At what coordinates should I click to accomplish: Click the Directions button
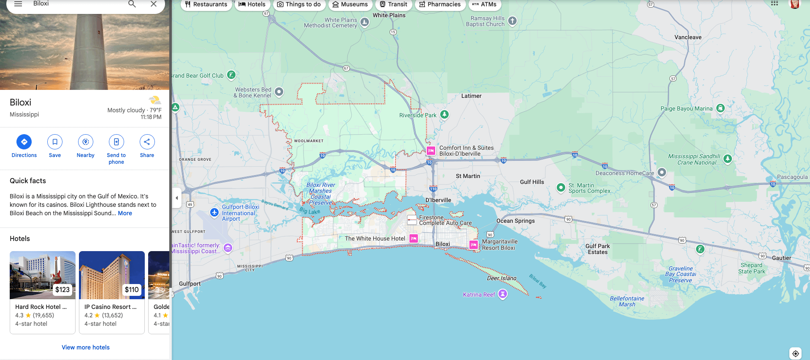[24, 142]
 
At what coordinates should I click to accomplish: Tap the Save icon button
[55, 142]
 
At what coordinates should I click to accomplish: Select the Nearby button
[86, 142]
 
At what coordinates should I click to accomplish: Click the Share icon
[147, 142]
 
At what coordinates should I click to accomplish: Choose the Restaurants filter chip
[206, 5]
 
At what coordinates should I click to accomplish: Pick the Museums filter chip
[350, 5]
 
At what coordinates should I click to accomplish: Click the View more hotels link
[86, 347]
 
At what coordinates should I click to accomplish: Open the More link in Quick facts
[125, 213]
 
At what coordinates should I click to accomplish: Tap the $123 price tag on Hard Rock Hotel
[62, 290]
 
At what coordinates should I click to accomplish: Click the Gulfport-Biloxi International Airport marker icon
[214, 213]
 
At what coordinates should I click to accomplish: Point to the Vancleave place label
[688, 37]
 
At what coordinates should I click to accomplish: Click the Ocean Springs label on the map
[515, 221]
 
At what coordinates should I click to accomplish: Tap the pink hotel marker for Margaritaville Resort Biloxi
[474, 245]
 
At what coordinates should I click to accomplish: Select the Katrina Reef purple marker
[502, 294]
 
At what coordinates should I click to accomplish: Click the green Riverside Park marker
[444, 114]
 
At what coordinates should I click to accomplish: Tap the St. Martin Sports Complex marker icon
[561, 188]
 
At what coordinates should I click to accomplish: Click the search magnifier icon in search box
[132, 4]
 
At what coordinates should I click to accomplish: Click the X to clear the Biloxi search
[154, 4]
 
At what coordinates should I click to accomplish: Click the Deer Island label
[501, 278]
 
